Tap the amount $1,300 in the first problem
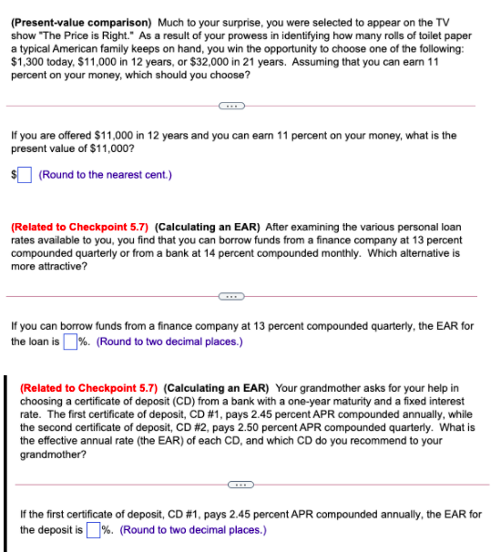[x=27, y=63]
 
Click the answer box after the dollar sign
[x=26, y=174]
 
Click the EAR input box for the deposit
[x=92, y=529]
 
